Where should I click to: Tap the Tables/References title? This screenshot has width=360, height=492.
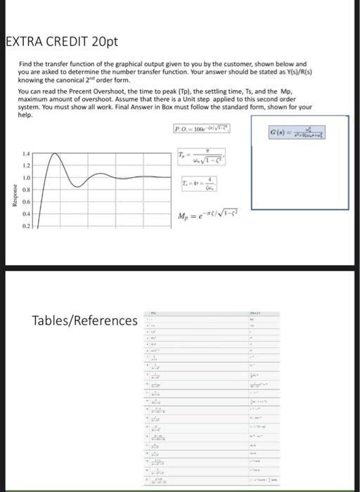(85, 321)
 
